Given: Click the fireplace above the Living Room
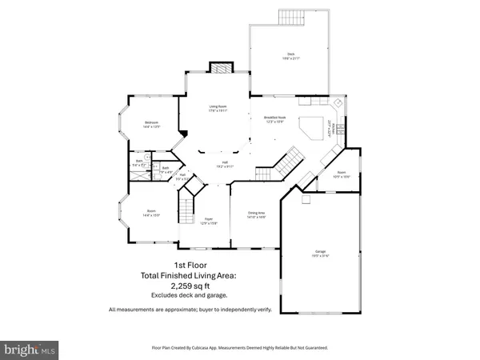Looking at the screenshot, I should pos(218,68).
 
